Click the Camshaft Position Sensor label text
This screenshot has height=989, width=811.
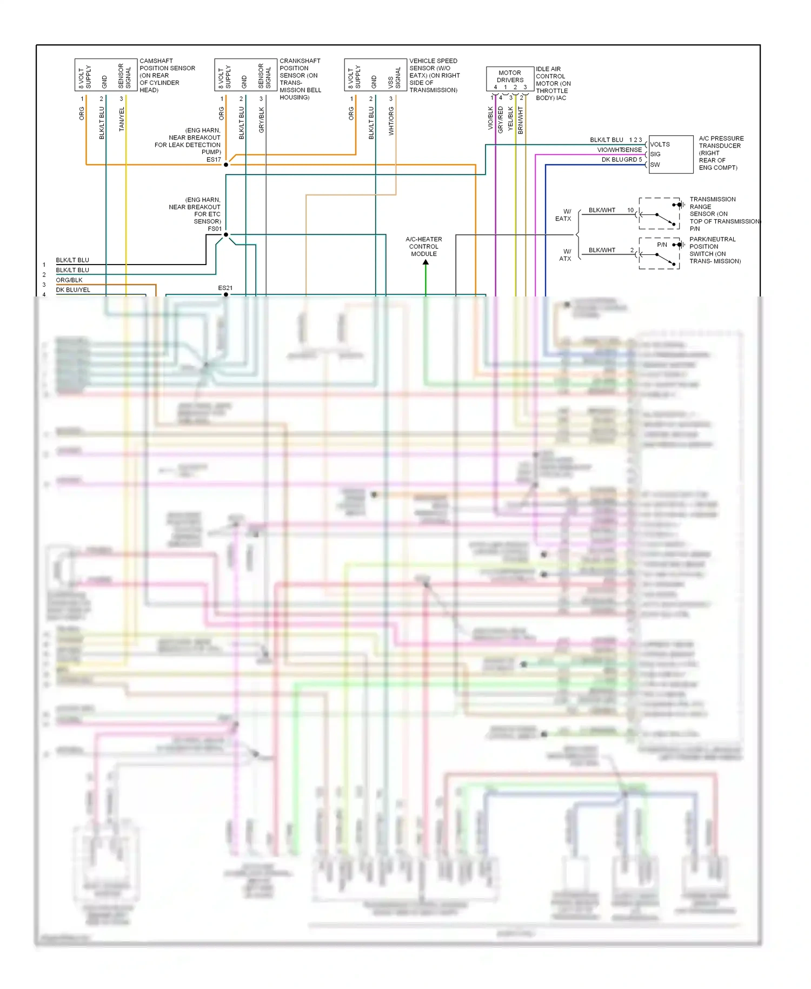[167, 75]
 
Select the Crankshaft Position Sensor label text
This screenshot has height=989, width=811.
[300, 79]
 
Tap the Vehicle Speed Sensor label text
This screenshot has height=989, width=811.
[434, 75]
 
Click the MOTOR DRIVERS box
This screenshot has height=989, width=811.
[510, 79]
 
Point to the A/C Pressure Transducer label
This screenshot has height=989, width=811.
[721, 153]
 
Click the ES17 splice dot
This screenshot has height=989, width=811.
[226, 164]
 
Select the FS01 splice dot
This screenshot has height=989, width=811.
[226, 235]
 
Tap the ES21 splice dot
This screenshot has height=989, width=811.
[226, 294]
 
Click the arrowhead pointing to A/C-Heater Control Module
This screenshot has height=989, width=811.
[426, 262]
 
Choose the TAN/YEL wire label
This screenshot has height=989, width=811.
[122, 119]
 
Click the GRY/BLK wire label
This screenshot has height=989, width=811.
[262, 120]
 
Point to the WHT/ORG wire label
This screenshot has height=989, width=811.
[391, 121]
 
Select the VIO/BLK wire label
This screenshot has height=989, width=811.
[490, 118]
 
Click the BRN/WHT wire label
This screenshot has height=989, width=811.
[520, 120]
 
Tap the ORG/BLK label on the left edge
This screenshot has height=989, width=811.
[69, 280]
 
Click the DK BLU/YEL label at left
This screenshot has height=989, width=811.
[73, 290]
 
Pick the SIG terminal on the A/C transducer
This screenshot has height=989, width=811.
[655, 154]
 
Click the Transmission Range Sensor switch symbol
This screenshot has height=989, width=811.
[660, 214]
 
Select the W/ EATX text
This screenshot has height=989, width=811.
[563, 215]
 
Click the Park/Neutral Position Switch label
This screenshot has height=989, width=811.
[714, 250]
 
